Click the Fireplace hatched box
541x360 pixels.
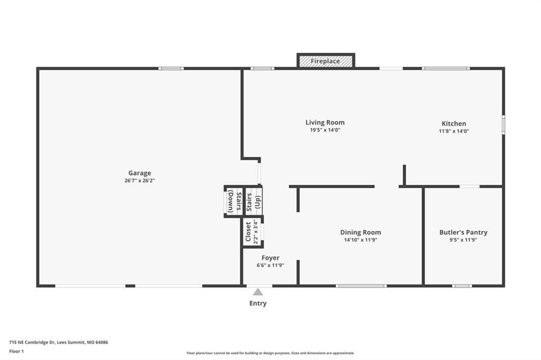(x=325, y=61)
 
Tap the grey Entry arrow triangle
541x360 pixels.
(x=258, y=292)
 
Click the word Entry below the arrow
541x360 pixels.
(x=258, y=304)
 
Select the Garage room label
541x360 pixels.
(x=139, y=173)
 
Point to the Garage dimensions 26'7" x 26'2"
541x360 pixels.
(x=139, y=181)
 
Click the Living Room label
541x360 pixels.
(x=325, y=122)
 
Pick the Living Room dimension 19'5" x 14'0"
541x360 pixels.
(x=325, y=130)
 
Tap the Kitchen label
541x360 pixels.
(x=454, y=124)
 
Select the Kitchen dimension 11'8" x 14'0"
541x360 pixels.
(x=454, y=131)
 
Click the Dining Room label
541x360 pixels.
(x=360, y=232)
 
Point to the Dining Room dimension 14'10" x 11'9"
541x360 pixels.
(x=360, y=240)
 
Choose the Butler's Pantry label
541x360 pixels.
(x=463, y=232)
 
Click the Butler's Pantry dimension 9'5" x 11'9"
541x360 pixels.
(x=463, y=240)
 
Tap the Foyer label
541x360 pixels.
(x=270, y=258)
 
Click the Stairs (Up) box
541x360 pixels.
(x=253, y=202)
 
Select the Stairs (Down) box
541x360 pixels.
(x=234, y=202)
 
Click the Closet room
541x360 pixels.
(x=253, y=232)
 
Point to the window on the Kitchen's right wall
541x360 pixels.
(x=503, y=125)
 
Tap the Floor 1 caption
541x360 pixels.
(x=16, y=352)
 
